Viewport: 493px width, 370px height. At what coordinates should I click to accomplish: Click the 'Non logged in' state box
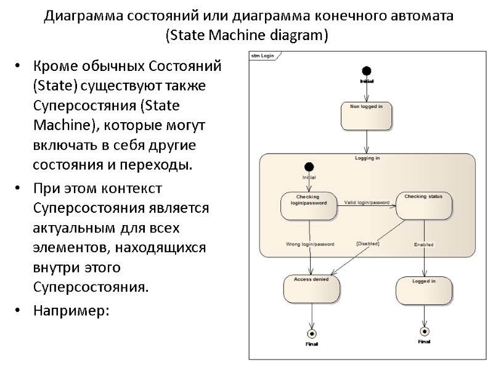(367, 115)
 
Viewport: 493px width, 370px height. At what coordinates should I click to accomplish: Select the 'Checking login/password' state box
(309, 205)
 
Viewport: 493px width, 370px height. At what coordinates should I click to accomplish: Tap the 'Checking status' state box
(423, 205)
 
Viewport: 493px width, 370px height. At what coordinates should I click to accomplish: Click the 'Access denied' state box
(311, 289)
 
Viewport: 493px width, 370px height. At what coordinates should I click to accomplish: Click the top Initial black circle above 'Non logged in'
(367, 71)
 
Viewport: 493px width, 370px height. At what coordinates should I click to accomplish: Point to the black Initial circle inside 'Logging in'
(309, 166)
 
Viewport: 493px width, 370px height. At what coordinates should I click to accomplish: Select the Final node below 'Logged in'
(424, 331)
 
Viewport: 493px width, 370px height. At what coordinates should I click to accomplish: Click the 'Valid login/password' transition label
(367, 202)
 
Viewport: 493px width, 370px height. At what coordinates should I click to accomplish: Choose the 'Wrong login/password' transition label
(310, 244)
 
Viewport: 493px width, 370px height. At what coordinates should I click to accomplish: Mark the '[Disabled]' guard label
(368, 244)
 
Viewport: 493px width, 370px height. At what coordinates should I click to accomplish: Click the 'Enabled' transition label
(423, 245)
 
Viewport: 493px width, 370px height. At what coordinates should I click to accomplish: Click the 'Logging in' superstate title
(367, 158)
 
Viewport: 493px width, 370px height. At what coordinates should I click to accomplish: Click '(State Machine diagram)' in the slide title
(247, 36)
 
